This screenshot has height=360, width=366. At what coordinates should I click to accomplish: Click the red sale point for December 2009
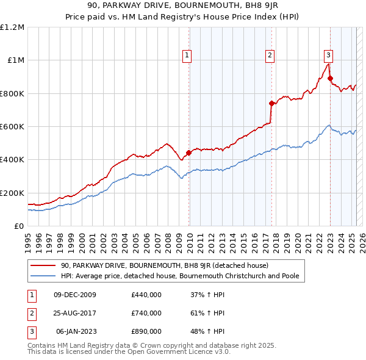tap(188, 153)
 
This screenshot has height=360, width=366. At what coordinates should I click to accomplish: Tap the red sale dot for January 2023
tap(330, 78)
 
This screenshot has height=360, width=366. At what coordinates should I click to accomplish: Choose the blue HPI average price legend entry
tap(179, 276)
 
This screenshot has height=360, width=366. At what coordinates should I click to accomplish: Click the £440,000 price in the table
tap(146, 295)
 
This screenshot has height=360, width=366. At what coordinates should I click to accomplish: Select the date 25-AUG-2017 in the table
tap(74, 313)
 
